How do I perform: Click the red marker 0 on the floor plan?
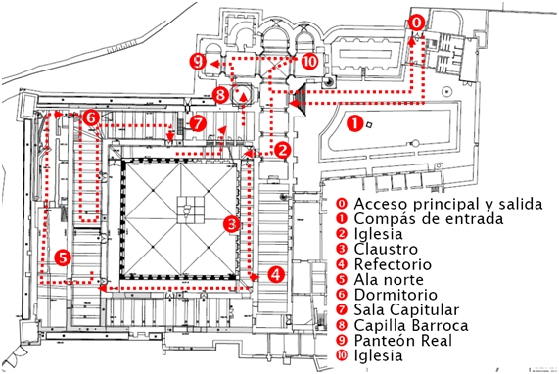(x=416, y=23)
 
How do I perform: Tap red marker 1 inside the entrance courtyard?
(x=354, y=124)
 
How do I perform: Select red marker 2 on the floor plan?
(x=283, y=150)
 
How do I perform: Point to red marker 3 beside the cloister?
(x=232, y=224)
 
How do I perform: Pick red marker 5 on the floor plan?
(x=63, y=257)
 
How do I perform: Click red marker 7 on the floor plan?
(x=198, y=123)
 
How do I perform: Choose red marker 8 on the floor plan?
(x=220, y=95)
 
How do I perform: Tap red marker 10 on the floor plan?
(x=309, y=62)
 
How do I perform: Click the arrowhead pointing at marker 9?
(x=214, y=65)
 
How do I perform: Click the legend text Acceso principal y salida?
(x=448, y=204)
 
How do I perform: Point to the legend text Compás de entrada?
(x=429, y=218)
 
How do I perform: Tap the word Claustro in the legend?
(x=386, y=249)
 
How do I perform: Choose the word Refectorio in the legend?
(x=393, y=264)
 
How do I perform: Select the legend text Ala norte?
(x=389, y=279)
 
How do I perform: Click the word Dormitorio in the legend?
(x=396, y=295)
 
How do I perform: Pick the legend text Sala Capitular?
(x=406, y=310)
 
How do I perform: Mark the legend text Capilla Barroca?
(x=411, y=325)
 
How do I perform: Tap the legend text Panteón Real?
(x=402, y=341)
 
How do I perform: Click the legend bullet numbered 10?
(x=342, y=355)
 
